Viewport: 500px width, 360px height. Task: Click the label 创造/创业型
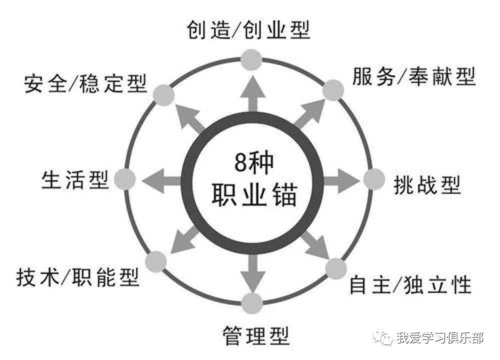[x=248, y=30]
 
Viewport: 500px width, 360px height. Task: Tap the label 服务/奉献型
[x=413, y=76]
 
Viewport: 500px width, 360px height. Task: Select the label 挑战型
[x=427, y=184]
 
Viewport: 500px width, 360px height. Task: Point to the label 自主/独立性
[x=410, y=284]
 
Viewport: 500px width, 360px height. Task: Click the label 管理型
[x=255, y=335]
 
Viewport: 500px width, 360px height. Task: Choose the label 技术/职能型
[x=78, y=277]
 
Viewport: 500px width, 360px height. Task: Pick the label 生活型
[x=75, y=179]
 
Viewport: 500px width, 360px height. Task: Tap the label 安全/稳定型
[x=85, y=83]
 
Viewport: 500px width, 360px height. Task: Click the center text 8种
[x=254, y=162]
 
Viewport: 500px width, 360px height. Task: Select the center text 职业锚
[x=254, y=194]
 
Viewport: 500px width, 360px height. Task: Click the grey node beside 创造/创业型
[x=251, y=60]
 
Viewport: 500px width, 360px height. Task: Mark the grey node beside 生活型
[x=125, y=179]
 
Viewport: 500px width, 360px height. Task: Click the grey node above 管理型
[x=252, y=303]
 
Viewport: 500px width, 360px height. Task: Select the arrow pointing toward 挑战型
[x=341, y=181]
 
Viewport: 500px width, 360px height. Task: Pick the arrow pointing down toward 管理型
[x=252, y=272]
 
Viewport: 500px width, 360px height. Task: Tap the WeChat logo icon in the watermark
[x=382, y=337]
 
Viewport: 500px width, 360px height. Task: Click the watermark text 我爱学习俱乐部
[x=440, y=337]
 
